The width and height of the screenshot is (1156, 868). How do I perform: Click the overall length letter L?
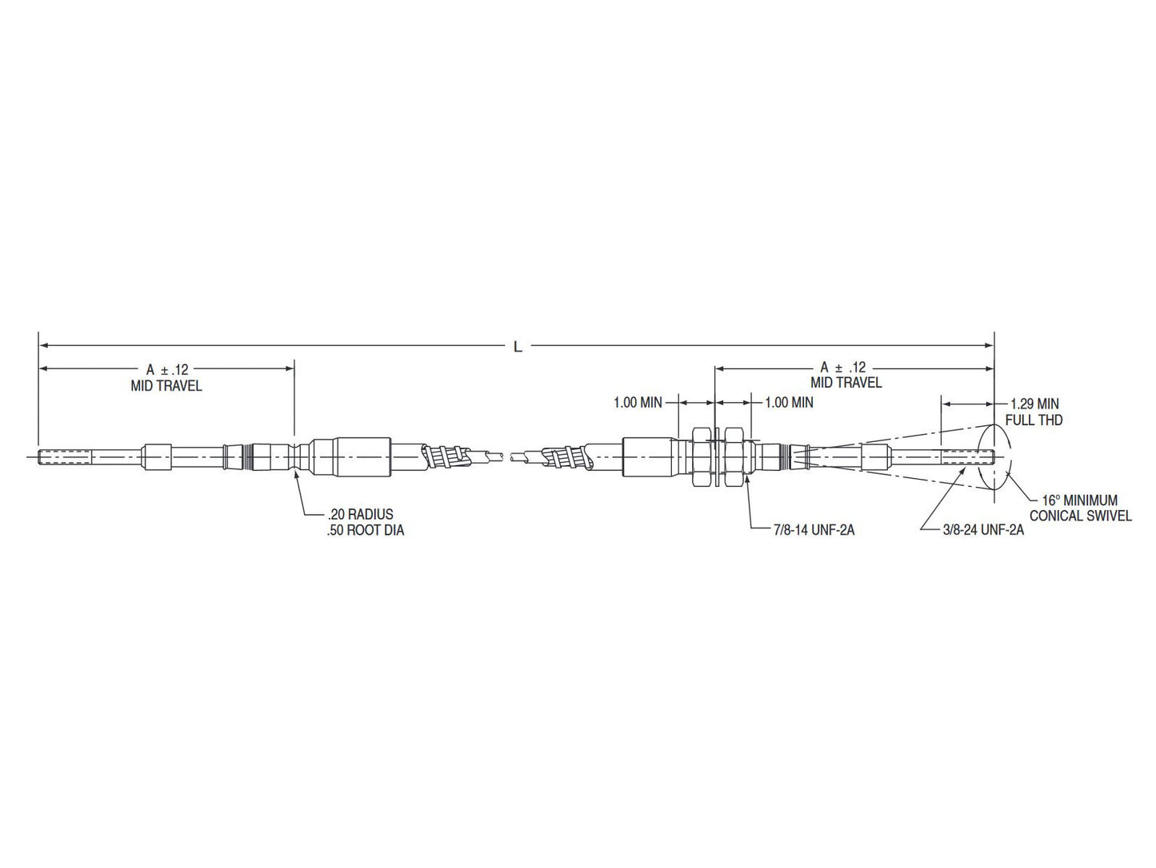coord(518,347)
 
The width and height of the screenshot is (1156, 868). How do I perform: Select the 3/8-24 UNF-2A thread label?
coord(982,529)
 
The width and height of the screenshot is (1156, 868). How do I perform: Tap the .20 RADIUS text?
coord(360,514)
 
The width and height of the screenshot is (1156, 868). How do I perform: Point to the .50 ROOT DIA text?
coord(365,530)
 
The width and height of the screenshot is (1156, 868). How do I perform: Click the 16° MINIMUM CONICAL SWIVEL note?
coord(1079,508)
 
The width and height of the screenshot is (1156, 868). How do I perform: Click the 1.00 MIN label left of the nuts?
coord(638,402)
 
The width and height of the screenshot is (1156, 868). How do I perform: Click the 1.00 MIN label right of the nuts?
coord(789,402)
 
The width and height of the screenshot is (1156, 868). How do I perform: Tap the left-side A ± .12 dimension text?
coord(166,369)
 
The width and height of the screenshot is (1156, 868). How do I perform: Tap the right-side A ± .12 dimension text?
coord(842,367)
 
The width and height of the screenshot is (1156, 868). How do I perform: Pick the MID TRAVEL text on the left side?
coord(166,386)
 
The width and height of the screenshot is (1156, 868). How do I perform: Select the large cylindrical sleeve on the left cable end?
coord(350,457)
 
